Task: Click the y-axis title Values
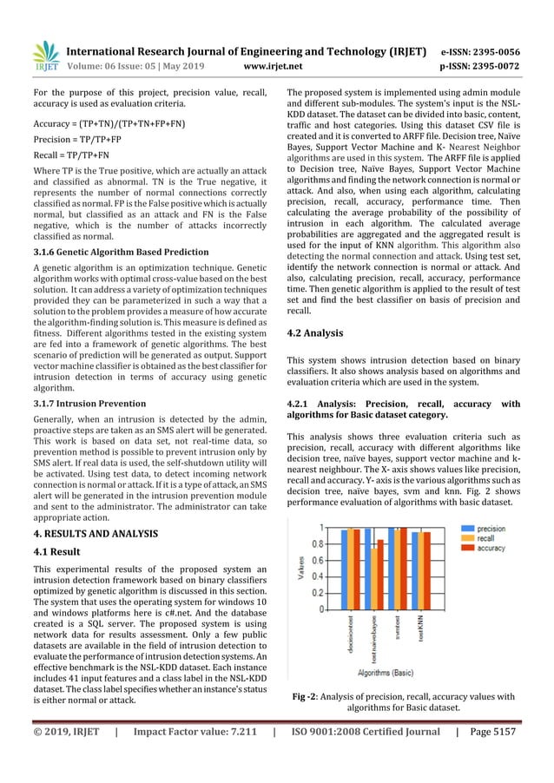coord(300,569)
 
